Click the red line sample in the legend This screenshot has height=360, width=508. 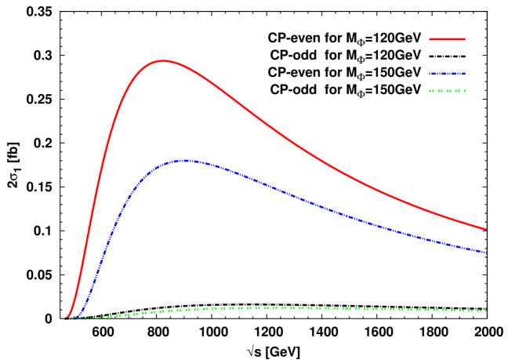click(x=447, y=38)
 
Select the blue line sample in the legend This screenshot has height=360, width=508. click(x=447, y=74)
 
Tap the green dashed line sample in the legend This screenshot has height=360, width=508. click(x=447, y=91)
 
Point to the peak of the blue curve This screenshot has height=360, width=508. click(x=185, y=161)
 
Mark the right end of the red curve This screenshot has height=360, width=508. click(x=486, y=229)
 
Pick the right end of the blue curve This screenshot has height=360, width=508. click(x=486, y=253)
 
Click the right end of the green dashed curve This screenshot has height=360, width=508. click(x=486, y=311)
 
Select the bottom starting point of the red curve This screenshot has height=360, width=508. click(x=66, y=318)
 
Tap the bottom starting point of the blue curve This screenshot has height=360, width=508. click(x=76, y=318)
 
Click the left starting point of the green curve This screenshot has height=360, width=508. click(x=72, y=318)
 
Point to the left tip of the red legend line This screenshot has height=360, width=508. click(x=430, y=38)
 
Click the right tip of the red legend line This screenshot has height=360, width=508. click(x=465, y=38)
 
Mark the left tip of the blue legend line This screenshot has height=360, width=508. click(x=430, y=74)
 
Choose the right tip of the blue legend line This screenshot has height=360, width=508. click(x=465, y=74)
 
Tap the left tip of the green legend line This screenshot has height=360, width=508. click(x=430, y=91)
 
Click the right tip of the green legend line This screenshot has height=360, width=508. click(x=465, y=91)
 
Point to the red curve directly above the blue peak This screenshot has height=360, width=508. click(x=185, y=66)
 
